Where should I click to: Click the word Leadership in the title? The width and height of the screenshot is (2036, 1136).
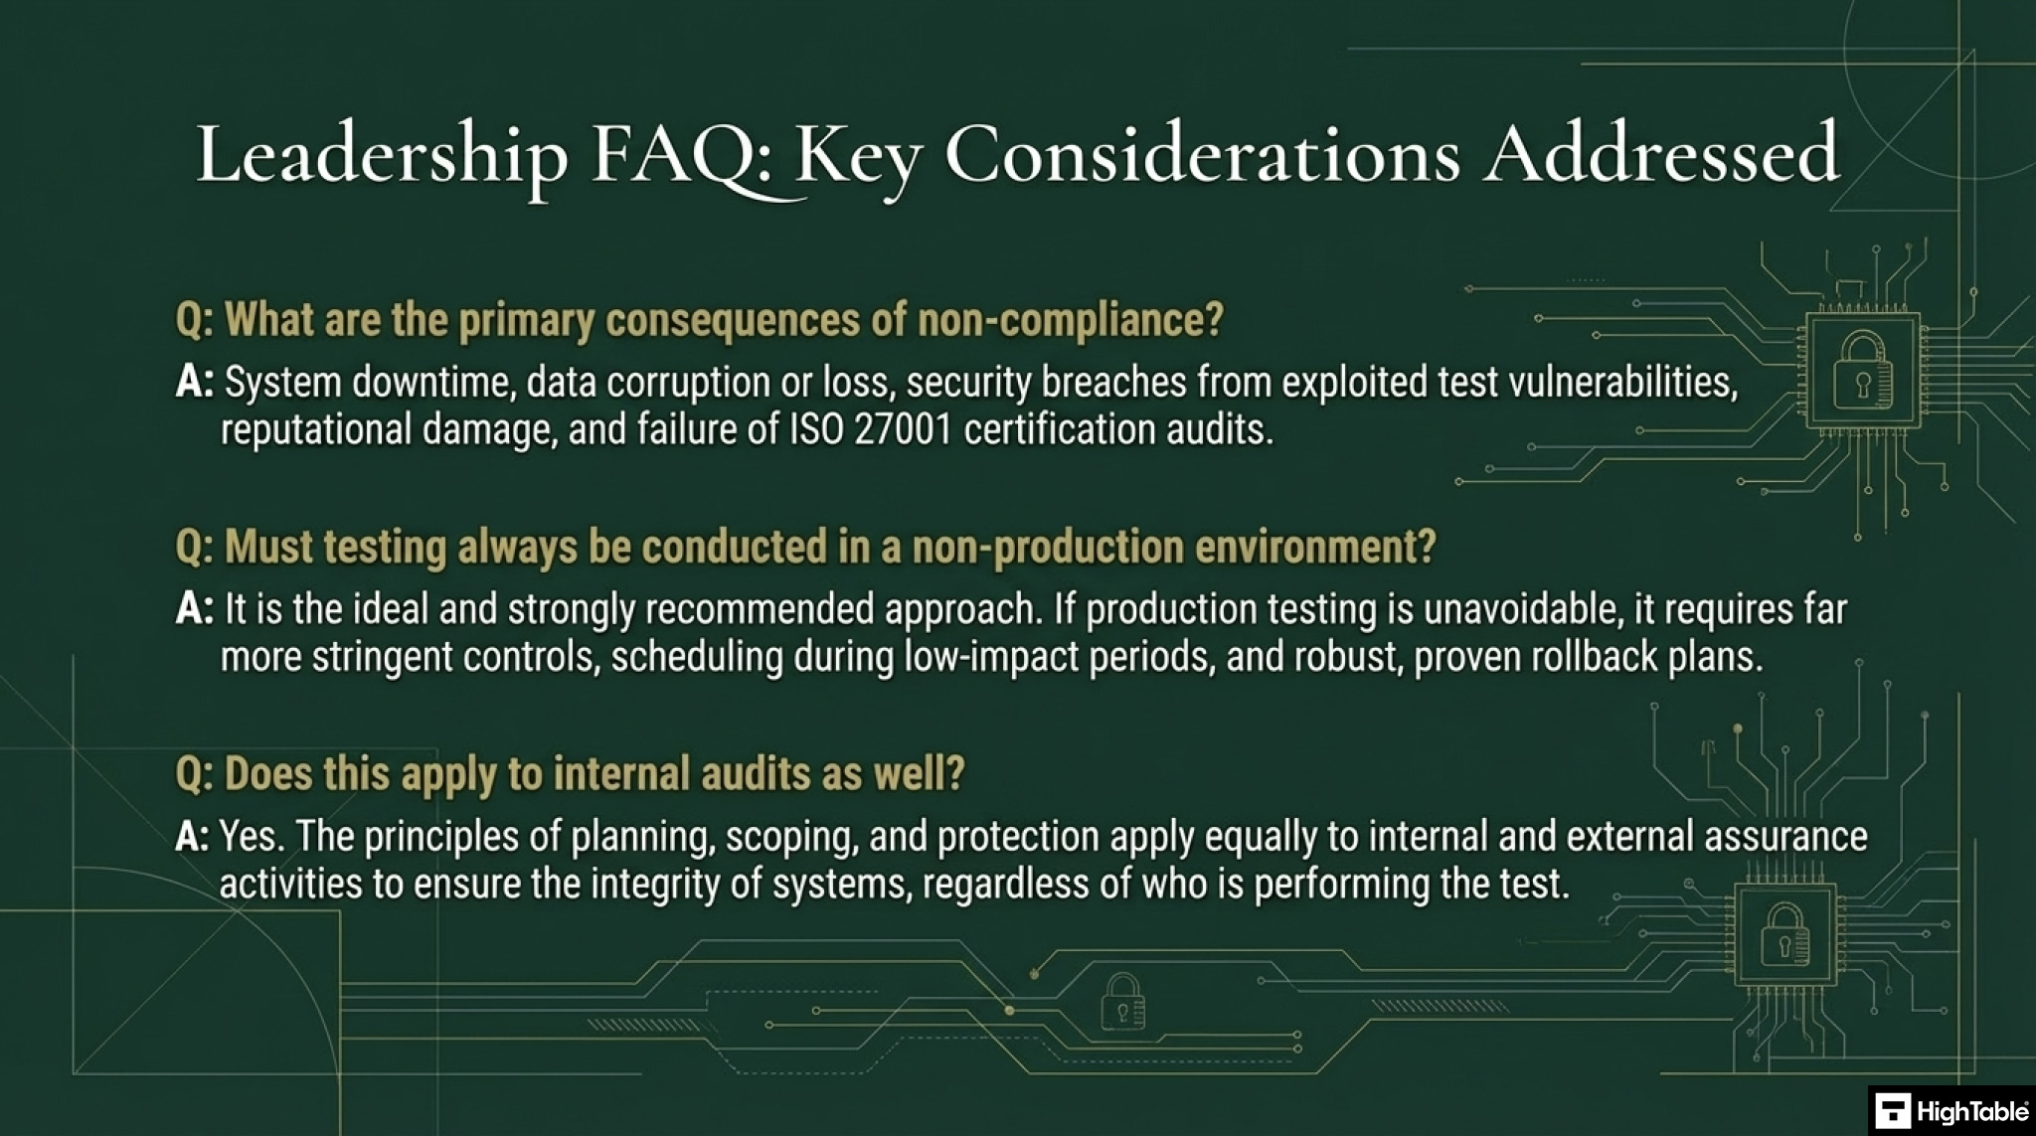pos(382,155)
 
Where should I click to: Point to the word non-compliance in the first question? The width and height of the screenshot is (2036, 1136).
pos(1070,321)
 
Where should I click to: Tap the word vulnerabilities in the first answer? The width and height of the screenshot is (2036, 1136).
pos(1623,382)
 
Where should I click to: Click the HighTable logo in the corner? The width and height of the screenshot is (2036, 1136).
pos(1951,1110)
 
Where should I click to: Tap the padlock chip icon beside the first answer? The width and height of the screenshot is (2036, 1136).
pos(1862,371)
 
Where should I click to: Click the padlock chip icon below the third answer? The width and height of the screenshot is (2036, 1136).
pos(1785,935)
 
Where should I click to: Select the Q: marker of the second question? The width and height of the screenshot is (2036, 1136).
pos(194,548)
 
